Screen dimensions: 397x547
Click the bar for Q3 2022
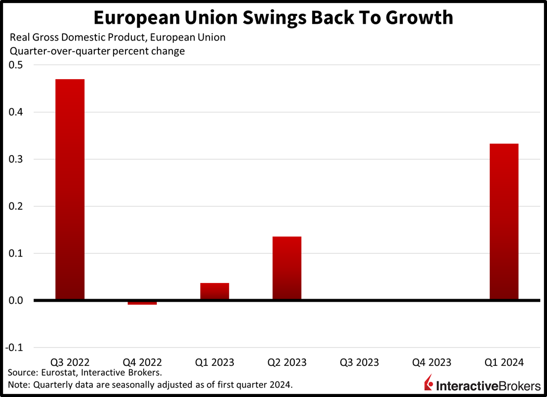click(70, 189)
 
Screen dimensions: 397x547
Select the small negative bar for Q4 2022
click(142, 303)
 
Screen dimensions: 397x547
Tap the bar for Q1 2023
click(215, 291)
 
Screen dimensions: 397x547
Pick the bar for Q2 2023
click(287, 268)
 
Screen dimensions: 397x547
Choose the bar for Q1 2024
click(504, 222)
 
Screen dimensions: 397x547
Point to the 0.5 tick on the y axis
click(15, 65)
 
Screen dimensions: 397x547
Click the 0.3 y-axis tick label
click(15, 159)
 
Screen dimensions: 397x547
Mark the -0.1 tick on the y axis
click(14, 348)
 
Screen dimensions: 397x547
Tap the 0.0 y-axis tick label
click(15, 301)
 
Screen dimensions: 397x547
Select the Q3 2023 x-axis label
click(359, 362)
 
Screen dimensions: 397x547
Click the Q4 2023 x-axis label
click(431, 362)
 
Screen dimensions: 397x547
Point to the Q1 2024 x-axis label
click(504, 362)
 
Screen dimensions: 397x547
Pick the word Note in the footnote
click(18, 385)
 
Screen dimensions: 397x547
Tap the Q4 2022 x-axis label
click(142, 362)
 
